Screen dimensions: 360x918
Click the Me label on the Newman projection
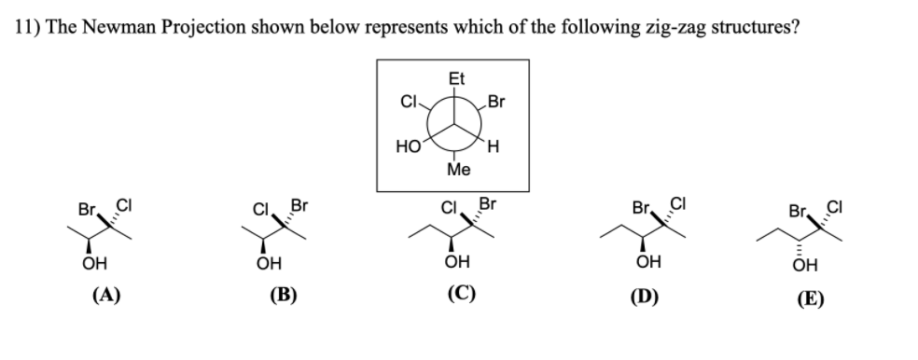pyautogui.click(x=457, y=171)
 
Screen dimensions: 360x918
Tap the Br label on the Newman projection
pyautogui.click(x=496, y=101)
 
